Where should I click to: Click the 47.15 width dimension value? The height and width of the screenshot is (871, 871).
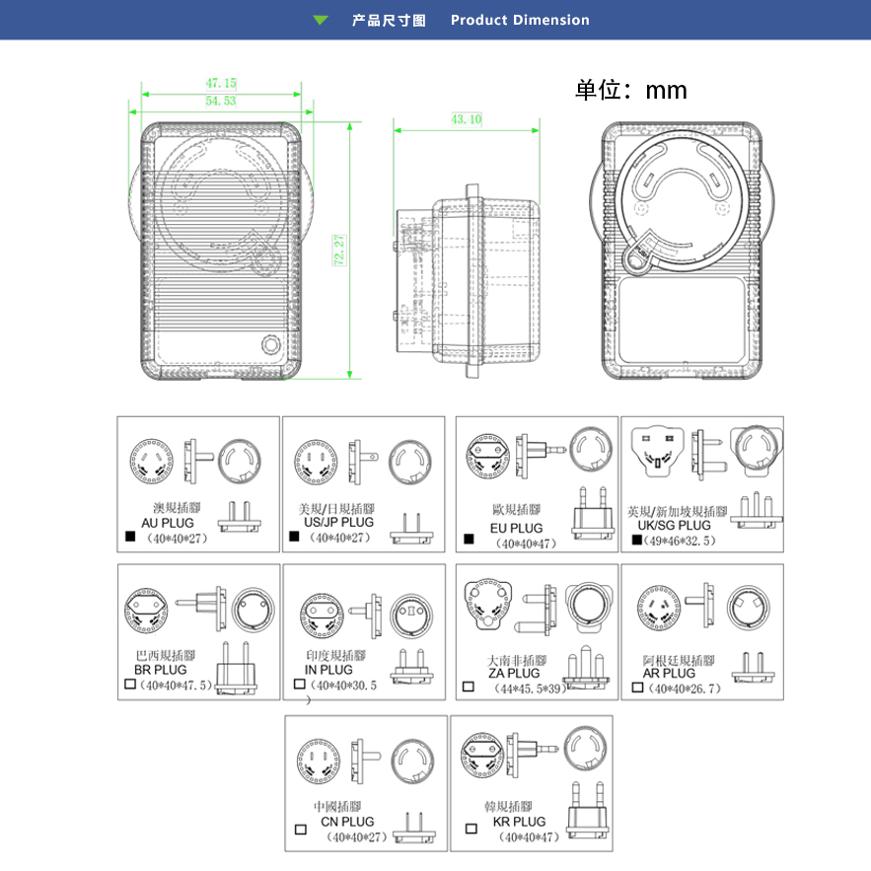(221, 84)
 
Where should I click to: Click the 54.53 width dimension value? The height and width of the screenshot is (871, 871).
(221, 102)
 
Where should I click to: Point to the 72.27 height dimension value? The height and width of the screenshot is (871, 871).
(339, 252)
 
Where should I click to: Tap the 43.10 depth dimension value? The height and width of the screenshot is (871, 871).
(467, 119)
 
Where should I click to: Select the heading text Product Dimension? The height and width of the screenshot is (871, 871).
(520, 20)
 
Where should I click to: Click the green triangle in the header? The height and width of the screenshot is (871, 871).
(321, 20)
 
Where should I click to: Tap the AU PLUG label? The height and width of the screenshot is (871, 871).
(168, 523)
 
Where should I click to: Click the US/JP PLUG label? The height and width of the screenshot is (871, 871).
(338, 522)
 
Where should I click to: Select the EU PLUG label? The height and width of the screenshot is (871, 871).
(517, 529)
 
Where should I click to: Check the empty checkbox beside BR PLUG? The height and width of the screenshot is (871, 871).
(129, 684)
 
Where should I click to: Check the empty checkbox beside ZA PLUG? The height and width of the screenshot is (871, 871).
(468, 687)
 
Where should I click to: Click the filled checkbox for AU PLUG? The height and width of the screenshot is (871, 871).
(129, 538)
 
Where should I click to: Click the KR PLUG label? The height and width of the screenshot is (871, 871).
(519, 821)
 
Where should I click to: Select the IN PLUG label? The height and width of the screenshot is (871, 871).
(328, 670)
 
